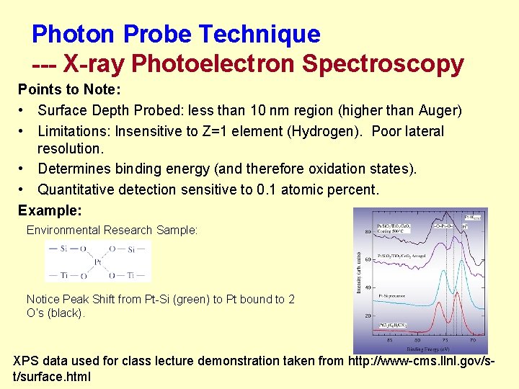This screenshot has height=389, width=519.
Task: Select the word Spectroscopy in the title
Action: (383, 64)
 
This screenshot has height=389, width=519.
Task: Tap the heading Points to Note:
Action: (69, 91)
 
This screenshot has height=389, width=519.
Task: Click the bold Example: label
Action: (50, 210)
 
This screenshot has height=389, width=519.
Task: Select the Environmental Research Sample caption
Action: (112, 231)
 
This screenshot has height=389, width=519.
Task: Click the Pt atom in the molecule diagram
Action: (99, 262)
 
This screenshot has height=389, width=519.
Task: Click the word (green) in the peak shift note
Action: (193, 300)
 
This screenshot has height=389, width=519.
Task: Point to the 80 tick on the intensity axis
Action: (368, 231)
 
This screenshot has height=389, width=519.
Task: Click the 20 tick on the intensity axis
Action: (368, 316)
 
